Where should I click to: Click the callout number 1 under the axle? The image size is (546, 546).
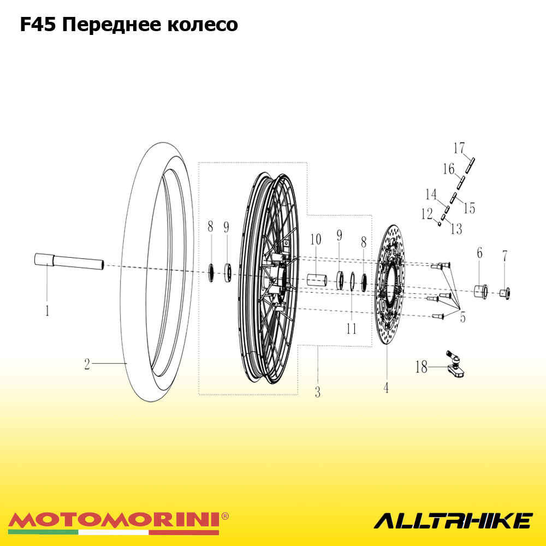[48, 311]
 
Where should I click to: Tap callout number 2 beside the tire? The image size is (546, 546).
[87, 364]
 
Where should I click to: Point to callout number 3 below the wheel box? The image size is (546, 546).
[318, 392]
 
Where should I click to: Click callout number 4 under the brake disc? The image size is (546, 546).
[386, 388]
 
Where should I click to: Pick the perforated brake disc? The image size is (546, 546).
[389, 284]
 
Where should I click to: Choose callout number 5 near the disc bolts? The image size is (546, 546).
[463, 317]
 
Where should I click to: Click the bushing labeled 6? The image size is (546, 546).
[481, 291]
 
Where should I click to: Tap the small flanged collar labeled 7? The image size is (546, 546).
[505, 293]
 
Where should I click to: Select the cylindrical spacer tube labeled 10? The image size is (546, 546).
[317, 280]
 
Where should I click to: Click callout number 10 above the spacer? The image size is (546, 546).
[316, 240]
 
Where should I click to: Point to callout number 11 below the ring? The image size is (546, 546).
[351, 329]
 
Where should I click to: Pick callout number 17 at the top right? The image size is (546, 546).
[459, 148]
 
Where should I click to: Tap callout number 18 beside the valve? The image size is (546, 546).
[422, 367]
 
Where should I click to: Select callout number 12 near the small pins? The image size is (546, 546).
[427, 214]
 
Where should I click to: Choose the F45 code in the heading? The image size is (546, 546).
[38, 25]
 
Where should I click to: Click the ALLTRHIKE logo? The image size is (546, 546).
[453, 520]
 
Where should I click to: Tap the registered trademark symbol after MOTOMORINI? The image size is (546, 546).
[225, 516]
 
